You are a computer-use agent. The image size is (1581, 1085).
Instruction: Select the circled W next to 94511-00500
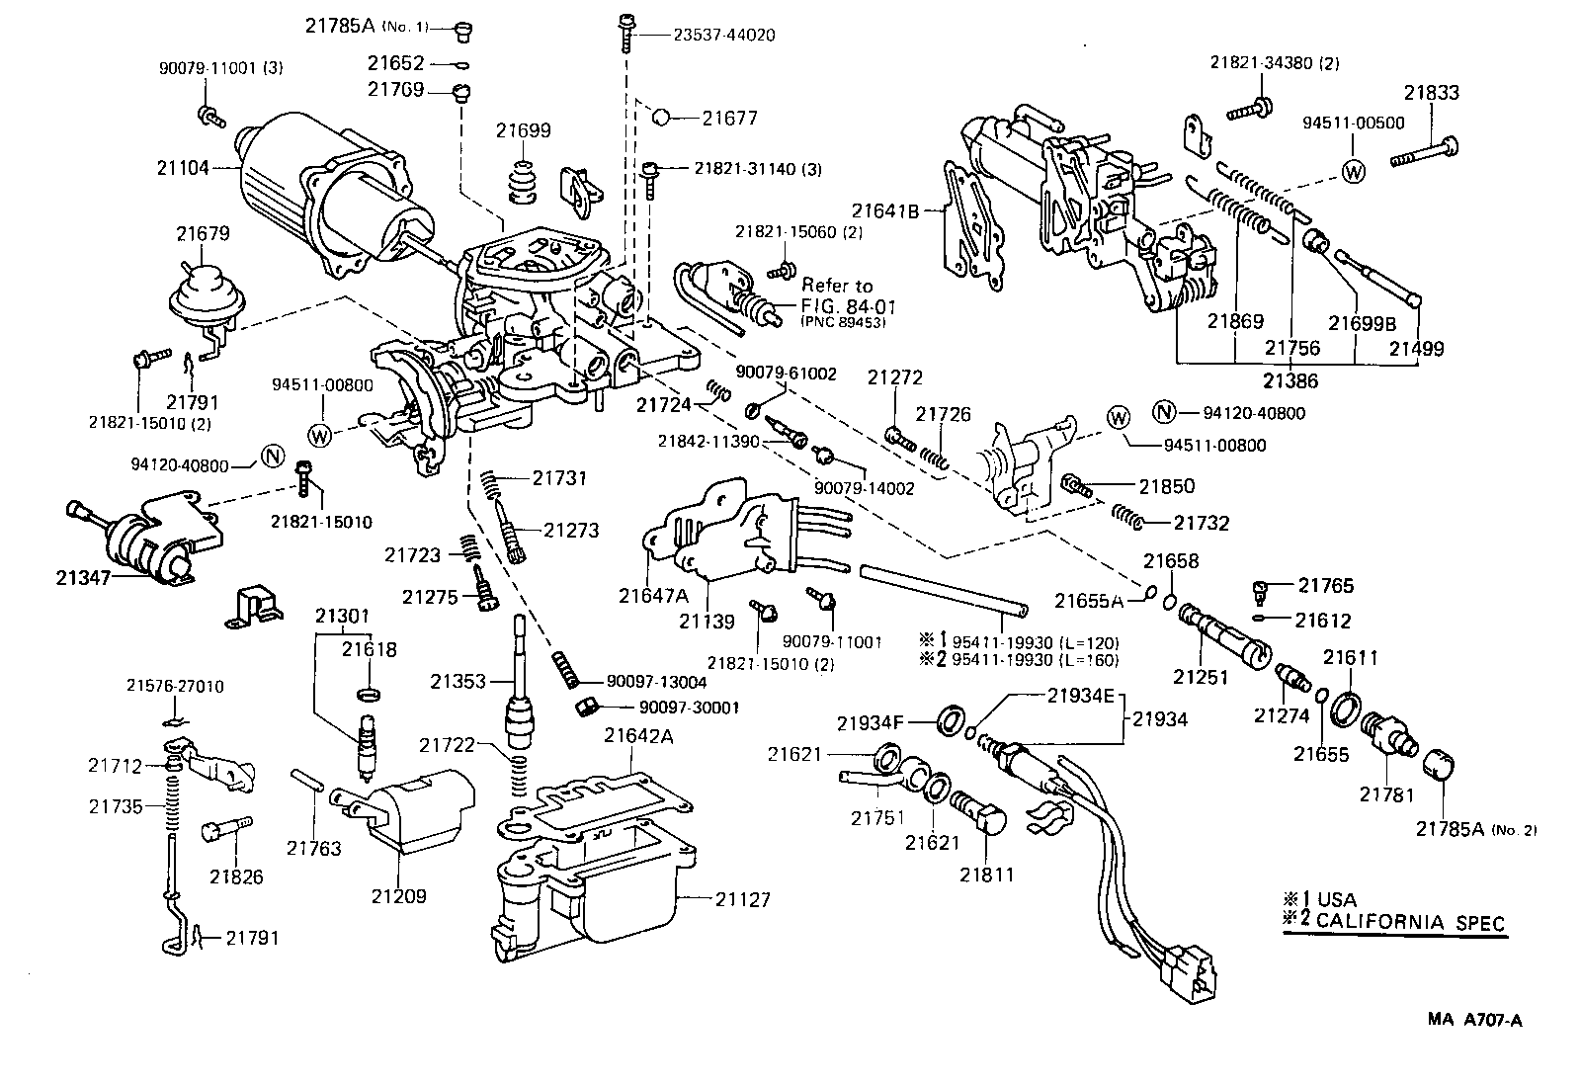click(1354, 170)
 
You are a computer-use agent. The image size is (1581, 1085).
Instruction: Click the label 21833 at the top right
click(1431, 93)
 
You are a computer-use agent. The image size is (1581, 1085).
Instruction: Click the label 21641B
click(885, 210)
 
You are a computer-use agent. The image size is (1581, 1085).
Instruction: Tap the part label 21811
click(986, 875)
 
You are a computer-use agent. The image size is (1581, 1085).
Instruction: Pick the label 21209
click(399, 896)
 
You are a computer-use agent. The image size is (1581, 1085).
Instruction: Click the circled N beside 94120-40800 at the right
click(1165, 413)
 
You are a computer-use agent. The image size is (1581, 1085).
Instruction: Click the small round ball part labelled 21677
click(662, 117)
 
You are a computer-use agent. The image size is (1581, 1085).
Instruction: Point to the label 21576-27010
click(175, 686)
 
